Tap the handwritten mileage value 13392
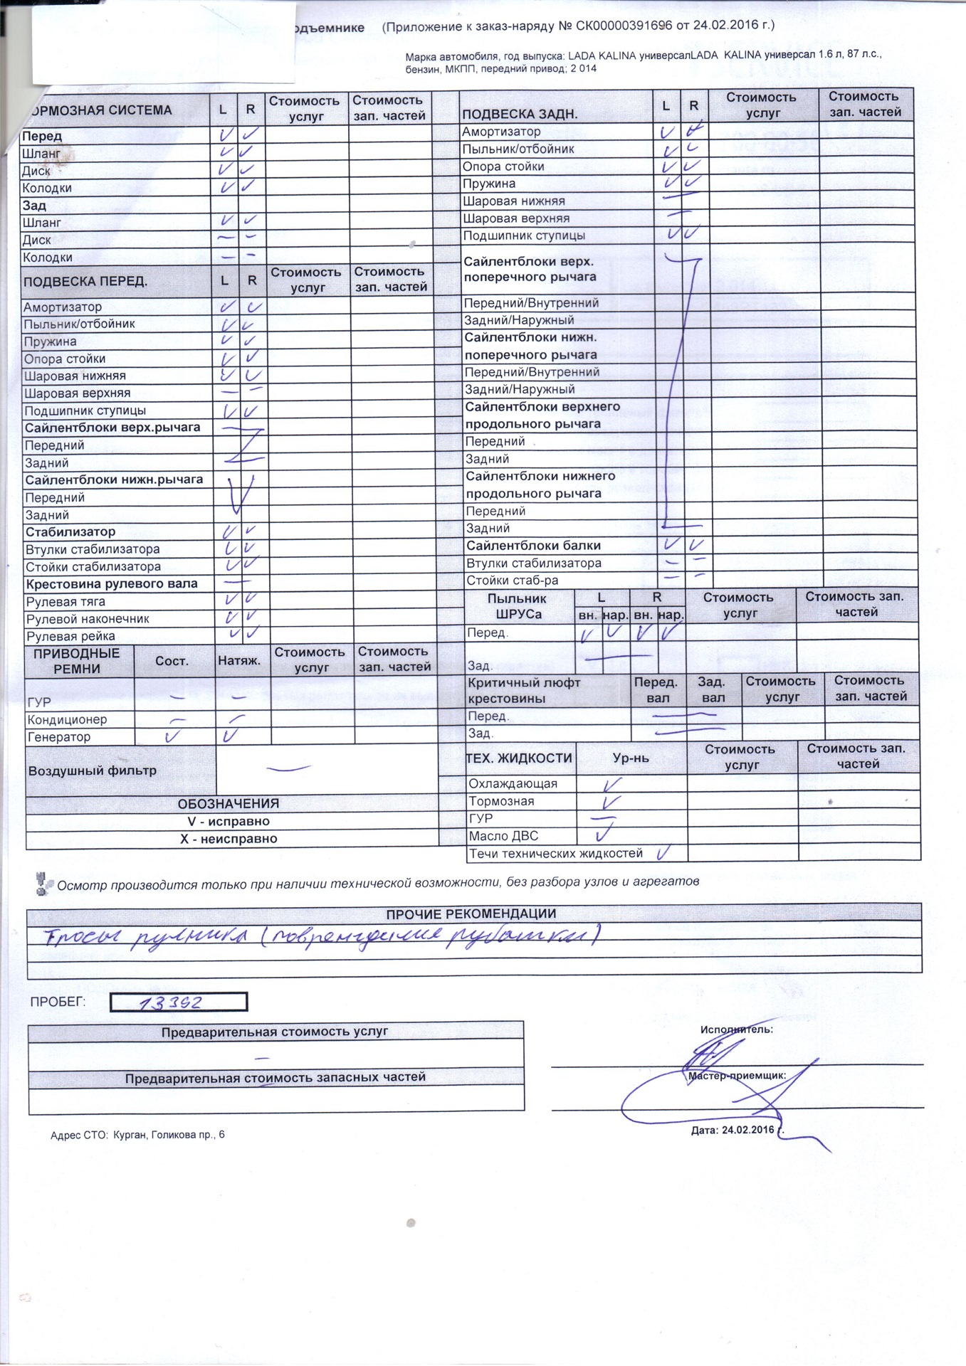[172, 1002]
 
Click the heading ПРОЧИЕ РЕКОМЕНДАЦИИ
[471, 914]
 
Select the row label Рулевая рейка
[70, 636]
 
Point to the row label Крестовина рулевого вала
[112, 584]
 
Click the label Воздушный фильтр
[93, 771]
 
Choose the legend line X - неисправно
[229, 839]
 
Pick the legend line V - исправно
[229, 821]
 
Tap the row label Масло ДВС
[503, 836]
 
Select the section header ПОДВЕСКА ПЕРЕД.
[85, 282]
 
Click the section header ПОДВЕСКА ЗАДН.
[520, 114]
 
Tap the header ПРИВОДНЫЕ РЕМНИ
[77, 661]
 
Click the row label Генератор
[59, 737]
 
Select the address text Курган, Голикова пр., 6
[169, 1135]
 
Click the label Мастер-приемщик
[737, 1076]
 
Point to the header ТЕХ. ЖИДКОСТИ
[519, 758]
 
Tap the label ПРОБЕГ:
[58, 1002]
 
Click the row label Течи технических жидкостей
[555, 853]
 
